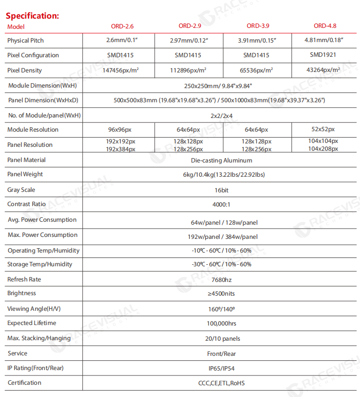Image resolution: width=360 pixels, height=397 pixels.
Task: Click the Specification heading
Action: (32, 15)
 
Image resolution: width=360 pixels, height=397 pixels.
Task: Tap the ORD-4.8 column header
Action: (325, 26)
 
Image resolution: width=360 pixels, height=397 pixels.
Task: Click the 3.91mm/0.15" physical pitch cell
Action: (256, 41)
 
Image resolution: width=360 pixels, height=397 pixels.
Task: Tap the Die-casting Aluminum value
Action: (221, 160)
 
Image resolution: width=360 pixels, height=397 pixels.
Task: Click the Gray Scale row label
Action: (21, 190)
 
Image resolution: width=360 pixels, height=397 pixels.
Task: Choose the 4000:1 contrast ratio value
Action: (222, 205)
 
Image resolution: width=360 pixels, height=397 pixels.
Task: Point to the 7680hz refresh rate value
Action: (221, 280)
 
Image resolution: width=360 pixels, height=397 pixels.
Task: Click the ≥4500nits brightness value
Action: (221, 294)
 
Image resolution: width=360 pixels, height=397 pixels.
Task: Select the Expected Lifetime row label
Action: (31, 323)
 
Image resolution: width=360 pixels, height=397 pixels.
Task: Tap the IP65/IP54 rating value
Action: (222, 368)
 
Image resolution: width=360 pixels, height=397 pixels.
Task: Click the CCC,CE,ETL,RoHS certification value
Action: (222, 383)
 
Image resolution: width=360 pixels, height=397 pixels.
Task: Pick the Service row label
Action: (18, 353)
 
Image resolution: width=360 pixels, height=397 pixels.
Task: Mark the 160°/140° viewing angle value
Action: (221, 309)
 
